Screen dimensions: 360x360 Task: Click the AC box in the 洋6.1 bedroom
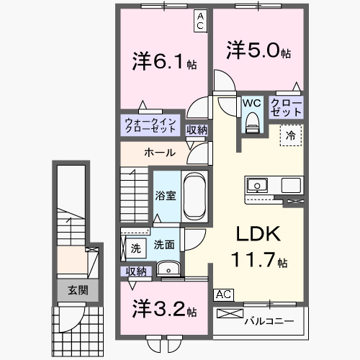click(x=200, y=21)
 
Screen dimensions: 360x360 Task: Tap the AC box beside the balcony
click(x=223, y=294)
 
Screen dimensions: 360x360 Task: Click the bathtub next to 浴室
click(x=194, y=195)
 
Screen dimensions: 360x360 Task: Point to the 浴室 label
click(x=166, y=196)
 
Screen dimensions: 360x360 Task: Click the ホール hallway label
click(x=158, y=153)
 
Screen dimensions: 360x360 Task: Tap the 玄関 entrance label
click(x=78, y=291)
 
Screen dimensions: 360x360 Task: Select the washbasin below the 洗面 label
click(x=168, y=269)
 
